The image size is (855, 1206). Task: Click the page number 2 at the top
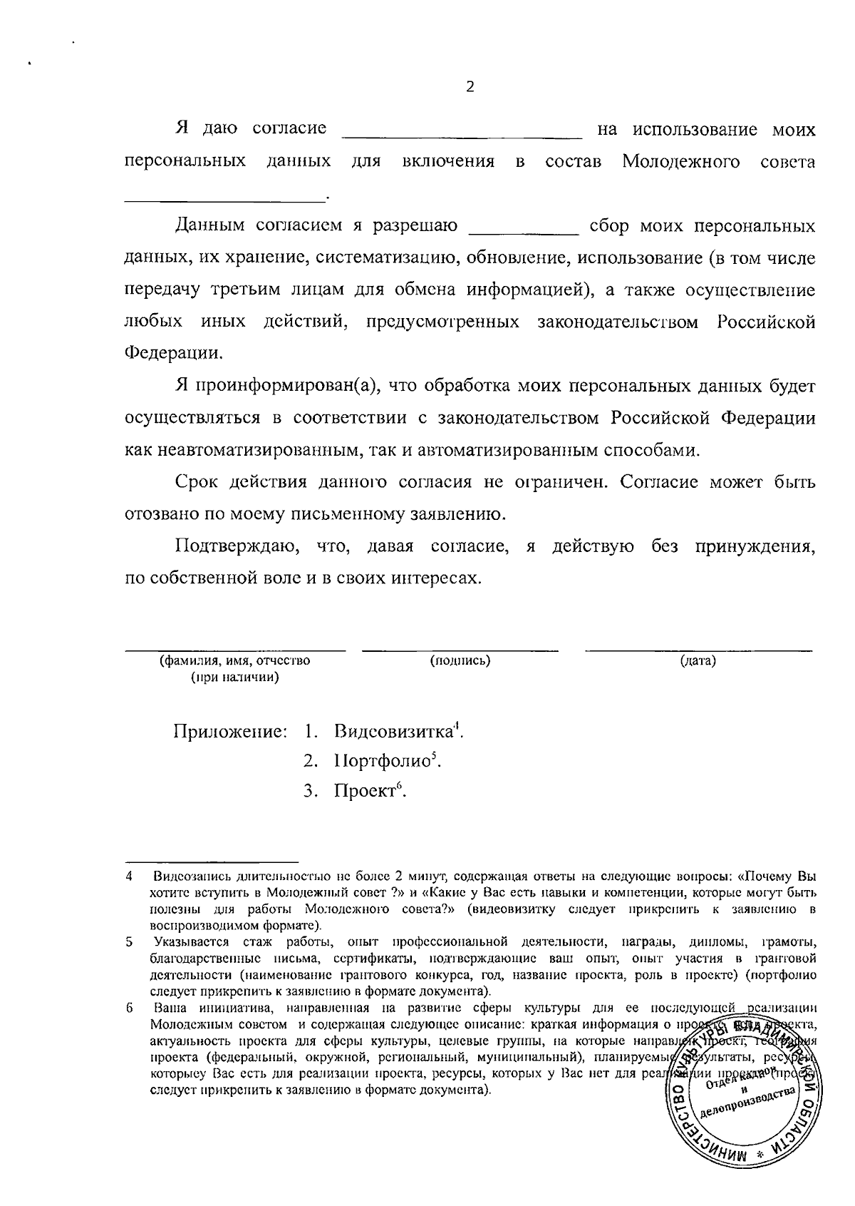click(470, 87)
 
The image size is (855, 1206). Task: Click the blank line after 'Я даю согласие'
click(462, 136)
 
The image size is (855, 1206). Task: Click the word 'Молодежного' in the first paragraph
click(681, 162)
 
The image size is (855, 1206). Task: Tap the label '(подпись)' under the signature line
click(460, 660)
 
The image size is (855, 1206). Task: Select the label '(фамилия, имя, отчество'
click(234, 660)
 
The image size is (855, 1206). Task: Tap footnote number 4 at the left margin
click(129, 875)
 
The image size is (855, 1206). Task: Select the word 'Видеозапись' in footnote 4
click(184, 875)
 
